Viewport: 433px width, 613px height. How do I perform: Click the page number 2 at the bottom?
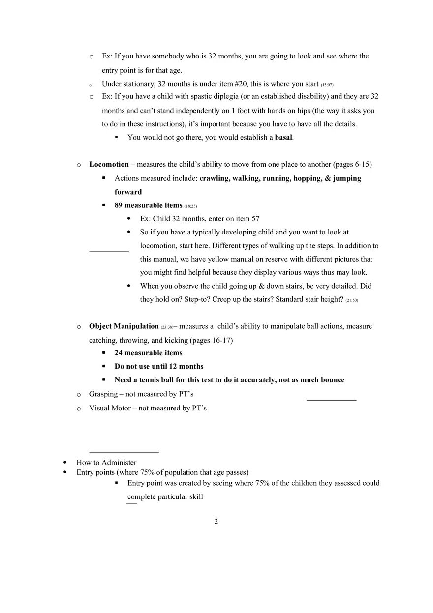tap(216, 522)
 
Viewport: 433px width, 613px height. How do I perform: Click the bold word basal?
tap(283, 138)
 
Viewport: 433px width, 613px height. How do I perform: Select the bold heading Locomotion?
tap(109, 164)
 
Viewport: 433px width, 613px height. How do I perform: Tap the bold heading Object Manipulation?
tap(124, 326)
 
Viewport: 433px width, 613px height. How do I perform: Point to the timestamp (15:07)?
tap(327, 85)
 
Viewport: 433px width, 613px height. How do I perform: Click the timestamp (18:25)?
tap(190, 206)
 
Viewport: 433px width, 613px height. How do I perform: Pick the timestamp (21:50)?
tap(351, 300)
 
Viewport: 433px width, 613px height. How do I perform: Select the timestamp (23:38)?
tap(167, 327)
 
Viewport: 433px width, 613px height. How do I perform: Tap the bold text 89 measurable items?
tap(148, 205)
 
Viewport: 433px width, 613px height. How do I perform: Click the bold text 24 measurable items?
tap(148, 353)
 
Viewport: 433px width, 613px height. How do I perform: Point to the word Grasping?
tap(103, 394)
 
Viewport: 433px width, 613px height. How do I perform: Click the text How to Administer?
tap(106, 463)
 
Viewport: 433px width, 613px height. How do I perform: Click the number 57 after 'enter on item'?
tap(255, 219)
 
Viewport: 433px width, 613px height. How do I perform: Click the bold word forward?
tap(128, 192)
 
